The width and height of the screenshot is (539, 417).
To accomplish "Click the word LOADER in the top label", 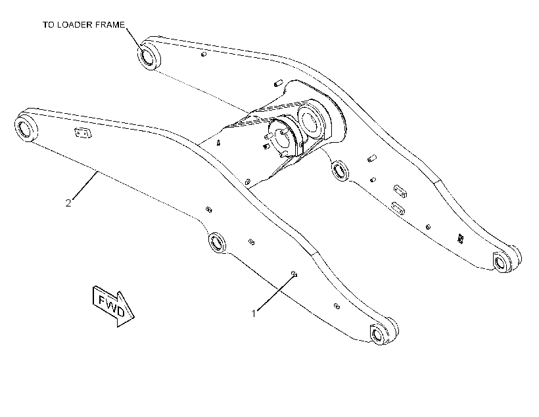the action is tap(71, 25).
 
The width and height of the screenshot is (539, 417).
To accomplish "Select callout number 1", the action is tap(254, 314).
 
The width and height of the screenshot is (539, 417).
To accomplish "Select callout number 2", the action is tap(68, 203).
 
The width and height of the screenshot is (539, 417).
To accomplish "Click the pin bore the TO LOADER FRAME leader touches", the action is tap(149, 55).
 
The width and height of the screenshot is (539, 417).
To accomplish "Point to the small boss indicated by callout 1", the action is tap(294, 274).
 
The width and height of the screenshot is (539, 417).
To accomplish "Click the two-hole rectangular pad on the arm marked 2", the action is tap(83, 133).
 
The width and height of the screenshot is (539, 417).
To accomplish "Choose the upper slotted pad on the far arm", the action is tap(400, 191).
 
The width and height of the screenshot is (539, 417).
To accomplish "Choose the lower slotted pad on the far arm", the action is tap(398, 208).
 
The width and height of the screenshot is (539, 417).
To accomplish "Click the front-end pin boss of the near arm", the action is tap(383, 331).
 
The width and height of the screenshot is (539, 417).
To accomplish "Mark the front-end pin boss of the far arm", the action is tap(507, 259).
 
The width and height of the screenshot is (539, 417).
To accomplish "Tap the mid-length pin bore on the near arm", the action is tap(217, 243).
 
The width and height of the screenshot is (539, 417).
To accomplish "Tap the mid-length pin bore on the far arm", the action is tap(340, 170).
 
